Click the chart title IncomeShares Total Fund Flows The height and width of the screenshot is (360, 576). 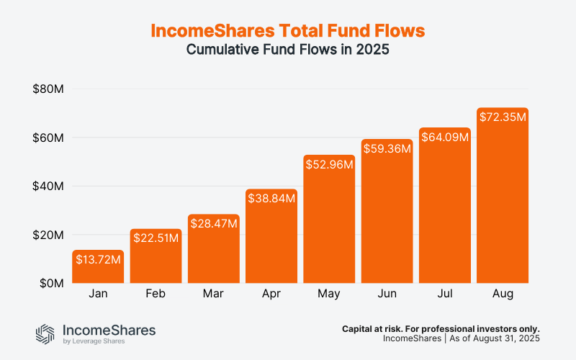[x=288, y=31]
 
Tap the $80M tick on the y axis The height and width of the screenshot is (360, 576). [x=49, y=89]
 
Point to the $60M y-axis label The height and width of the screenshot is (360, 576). [x=49, y=138]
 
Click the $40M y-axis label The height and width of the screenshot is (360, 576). [x=49, y=186]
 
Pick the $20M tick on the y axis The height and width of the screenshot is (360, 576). [x=49, y=235]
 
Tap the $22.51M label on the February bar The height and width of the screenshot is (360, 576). [x=156, y=237]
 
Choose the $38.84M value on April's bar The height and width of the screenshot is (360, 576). [x=271, y=198]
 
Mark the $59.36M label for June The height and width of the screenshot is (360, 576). [x=387, y=148]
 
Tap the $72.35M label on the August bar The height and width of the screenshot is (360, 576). [x=503, y=117]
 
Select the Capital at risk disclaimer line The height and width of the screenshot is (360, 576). [x=441, y=328]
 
